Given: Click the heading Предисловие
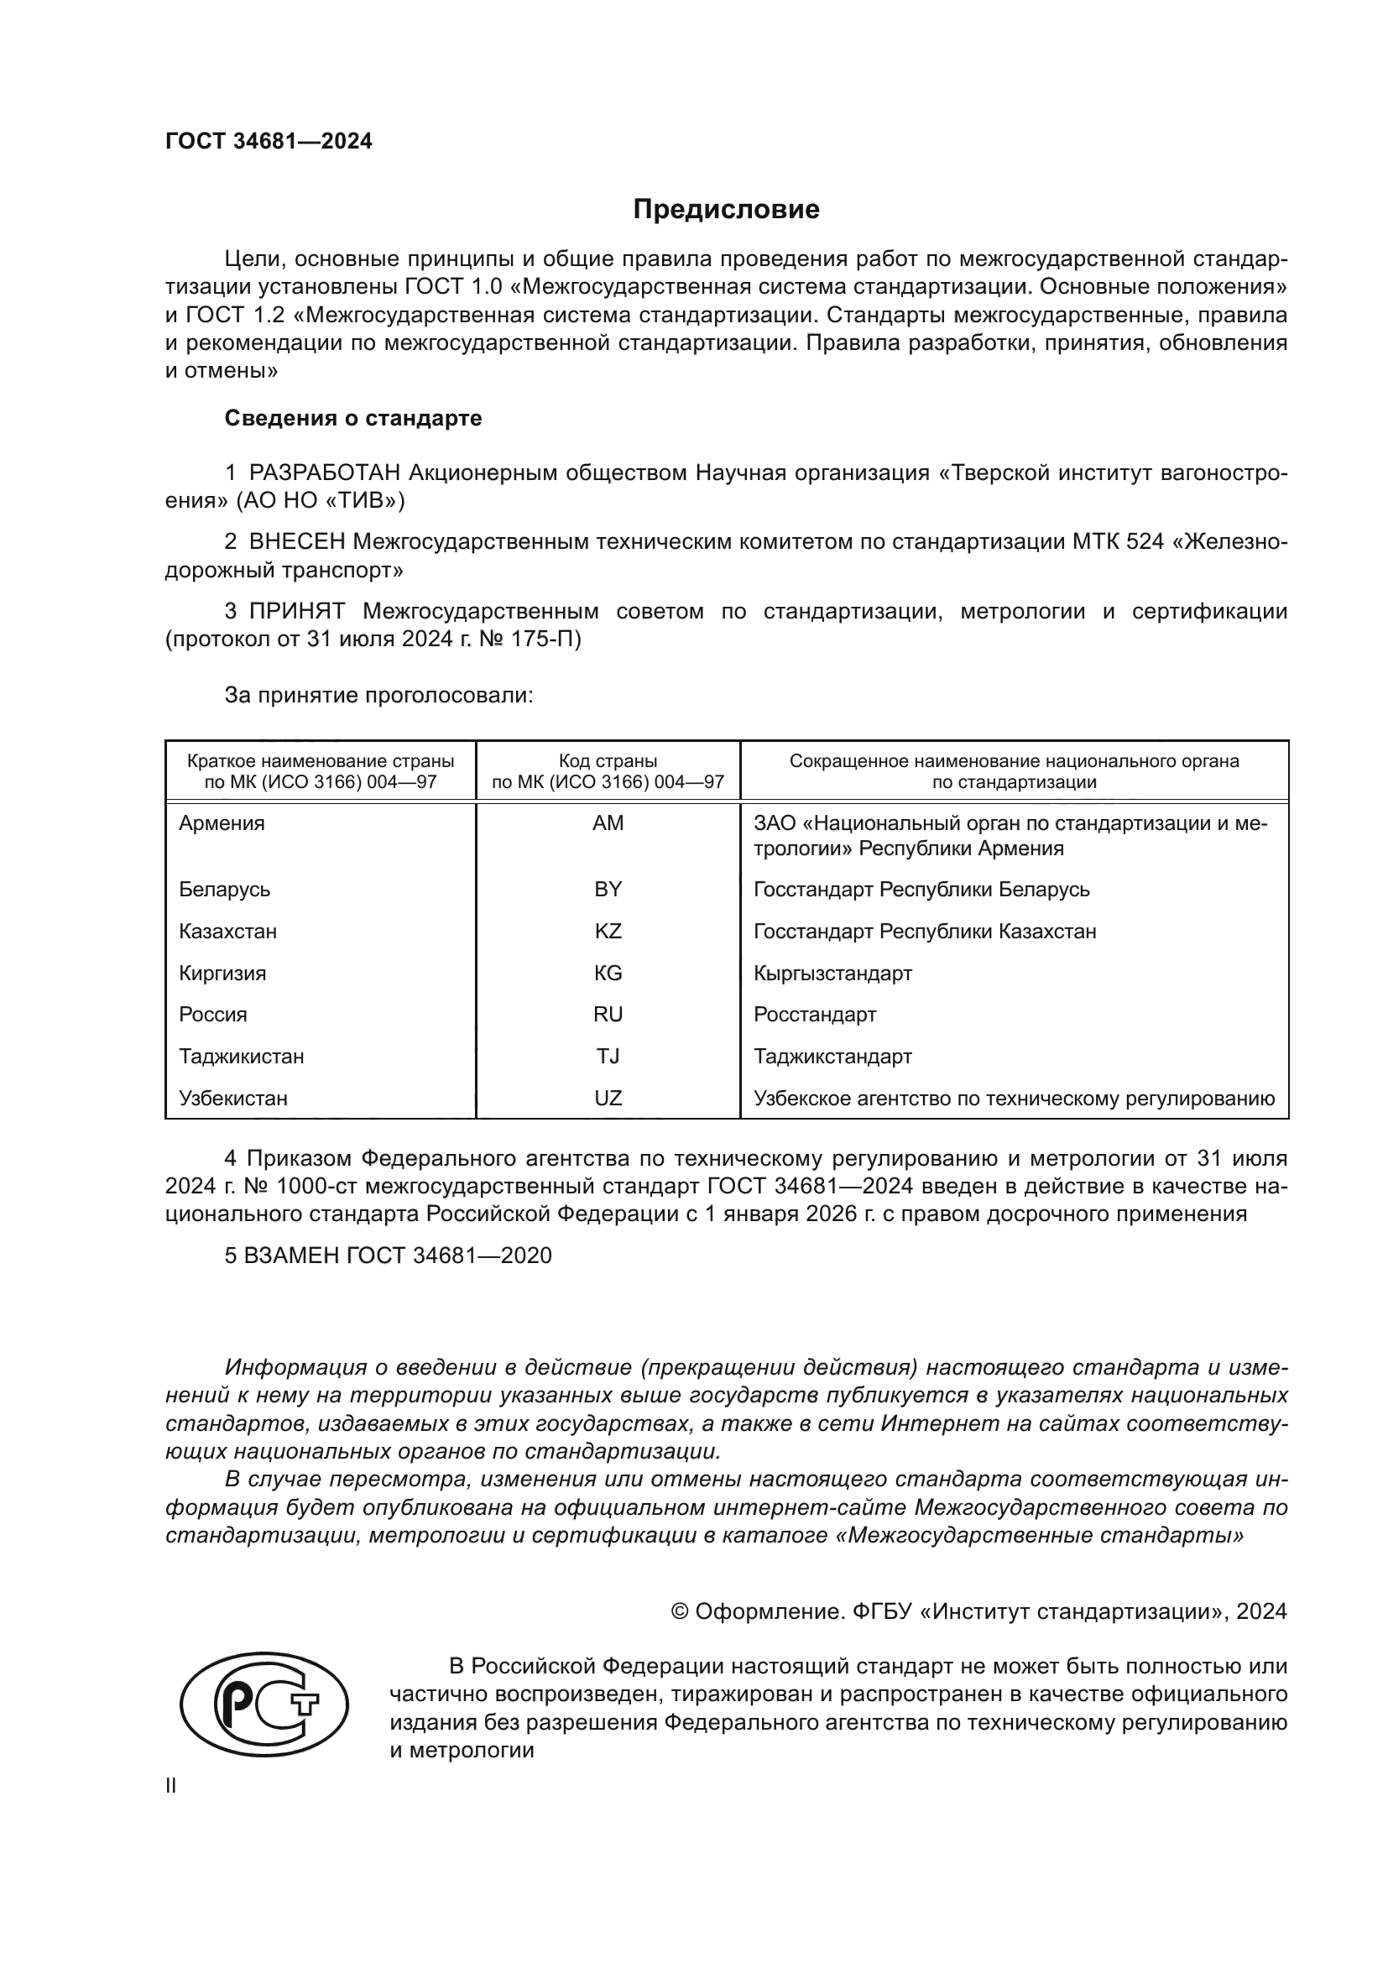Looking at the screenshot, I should point(726,210).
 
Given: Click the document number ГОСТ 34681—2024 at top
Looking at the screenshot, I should point(269,142).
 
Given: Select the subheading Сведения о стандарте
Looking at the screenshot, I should point(353,418).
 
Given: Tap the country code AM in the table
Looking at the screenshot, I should point(608,823).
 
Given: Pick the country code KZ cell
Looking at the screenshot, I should point(608,931).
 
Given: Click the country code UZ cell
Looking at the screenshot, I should point(608,1098).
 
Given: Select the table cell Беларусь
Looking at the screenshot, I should point(225,889).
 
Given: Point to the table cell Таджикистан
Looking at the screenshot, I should point(241,1057).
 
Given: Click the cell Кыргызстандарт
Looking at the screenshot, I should point(832,973).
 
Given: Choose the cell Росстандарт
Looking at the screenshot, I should point(815,1015).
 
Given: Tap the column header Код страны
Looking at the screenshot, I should point(608,761).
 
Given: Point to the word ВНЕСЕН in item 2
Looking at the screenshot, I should point(296,542).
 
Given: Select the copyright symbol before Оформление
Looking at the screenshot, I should point(680,1611).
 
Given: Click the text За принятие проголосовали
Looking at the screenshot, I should point(378,695).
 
